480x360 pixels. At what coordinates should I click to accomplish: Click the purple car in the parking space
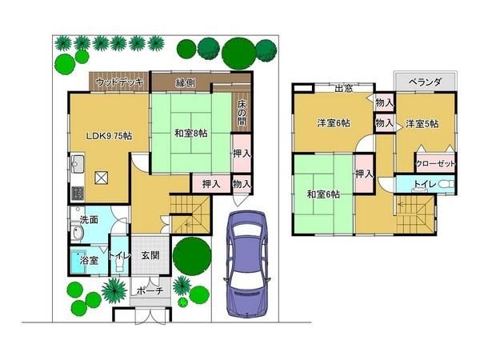[x=247, y=264]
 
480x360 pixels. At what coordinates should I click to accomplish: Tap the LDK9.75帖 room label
[x=109, y=136]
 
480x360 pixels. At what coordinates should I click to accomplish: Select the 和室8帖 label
[x=190, y=133]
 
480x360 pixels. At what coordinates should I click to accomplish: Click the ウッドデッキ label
[x=119, y=82]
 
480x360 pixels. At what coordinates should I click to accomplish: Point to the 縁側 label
[x=186, y=83]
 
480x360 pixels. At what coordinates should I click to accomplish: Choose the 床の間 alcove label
[x=242, y=112]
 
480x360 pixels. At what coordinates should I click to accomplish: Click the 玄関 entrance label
[x=150, y=255]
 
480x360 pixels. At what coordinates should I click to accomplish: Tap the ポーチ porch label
[x=150, y=290]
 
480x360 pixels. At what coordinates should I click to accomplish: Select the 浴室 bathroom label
[x=89, y=261]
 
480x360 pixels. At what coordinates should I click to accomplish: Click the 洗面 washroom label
[x=89, y=219]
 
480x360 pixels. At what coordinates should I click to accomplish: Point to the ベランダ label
[x=425, y=82]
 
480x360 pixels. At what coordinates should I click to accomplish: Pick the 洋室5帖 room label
[x=422, y=124]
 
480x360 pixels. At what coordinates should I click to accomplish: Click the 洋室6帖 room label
[x=334, y=123]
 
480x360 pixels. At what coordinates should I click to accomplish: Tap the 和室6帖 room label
[x=323, y=194]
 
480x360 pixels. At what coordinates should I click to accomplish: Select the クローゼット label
[x=435, y=164]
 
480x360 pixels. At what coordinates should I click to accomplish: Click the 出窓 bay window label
[x=344, y=89]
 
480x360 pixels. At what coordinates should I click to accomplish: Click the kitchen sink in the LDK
[x=78, y=164]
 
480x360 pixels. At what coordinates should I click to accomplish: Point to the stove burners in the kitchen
[x=78, y=193]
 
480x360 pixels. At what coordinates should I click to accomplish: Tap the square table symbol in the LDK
[x=101, y=178]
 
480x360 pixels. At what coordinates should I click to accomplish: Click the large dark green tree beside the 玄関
[x=192, y=256]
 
